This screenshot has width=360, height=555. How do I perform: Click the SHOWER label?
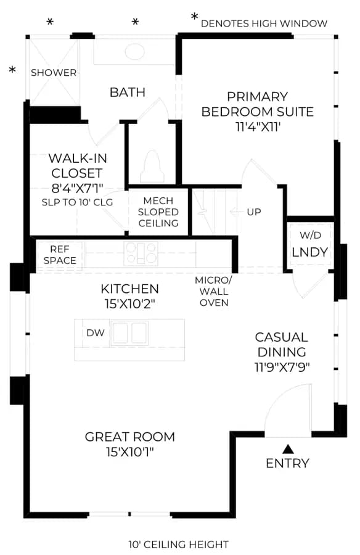(54, 73)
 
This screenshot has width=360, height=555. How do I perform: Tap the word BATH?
(128, 92)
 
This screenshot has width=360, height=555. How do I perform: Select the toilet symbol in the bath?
(152, 166)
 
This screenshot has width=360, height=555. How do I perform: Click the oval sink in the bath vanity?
(134, 52)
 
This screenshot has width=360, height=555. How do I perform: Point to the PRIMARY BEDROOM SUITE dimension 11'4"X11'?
(258, 126)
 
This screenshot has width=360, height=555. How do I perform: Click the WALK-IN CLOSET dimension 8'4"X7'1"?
(78, 188)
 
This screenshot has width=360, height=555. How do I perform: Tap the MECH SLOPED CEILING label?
(158, 212)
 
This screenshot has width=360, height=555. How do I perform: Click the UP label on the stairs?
(254, 212)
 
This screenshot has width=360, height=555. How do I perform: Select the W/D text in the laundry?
(310, 235)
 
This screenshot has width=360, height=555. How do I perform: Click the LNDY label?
(309, 252)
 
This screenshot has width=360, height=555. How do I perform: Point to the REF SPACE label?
(60, 255)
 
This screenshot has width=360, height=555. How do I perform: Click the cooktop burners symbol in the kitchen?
(141, 253)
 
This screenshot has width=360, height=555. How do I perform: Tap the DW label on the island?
(96, 333)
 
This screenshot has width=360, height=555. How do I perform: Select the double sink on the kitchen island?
(129, 333)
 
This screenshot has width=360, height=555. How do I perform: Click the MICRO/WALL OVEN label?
(213, 291)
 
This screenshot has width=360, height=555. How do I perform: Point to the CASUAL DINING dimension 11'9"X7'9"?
(282, 367)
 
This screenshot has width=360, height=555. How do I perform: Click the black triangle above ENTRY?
(288, 449)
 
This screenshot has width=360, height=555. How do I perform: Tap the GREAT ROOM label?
(130, 437)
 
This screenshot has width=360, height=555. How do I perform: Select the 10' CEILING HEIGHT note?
(178, 544)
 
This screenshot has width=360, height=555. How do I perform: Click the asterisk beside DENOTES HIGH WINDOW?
(194, 16)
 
